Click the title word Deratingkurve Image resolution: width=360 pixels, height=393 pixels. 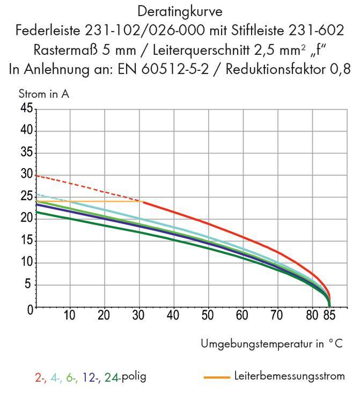180,11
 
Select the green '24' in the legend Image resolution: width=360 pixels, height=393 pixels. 111,377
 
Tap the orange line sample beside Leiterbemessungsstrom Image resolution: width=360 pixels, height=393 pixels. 217,377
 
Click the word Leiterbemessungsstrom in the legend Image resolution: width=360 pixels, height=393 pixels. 289,376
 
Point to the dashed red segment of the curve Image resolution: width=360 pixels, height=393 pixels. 86,187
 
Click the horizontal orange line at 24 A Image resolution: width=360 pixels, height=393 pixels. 86,201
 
